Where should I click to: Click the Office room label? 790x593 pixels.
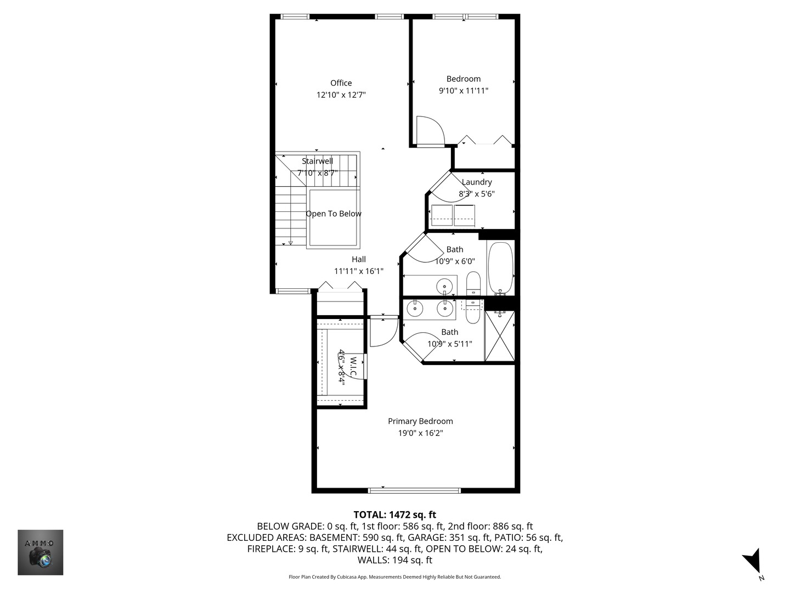coord(341,83)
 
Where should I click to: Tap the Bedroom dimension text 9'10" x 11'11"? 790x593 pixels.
coord(463,91)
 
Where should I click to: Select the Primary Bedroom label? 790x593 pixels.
coord(420,421)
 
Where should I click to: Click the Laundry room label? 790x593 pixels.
coord(476,182)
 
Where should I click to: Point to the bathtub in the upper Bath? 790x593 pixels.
coord(500,268)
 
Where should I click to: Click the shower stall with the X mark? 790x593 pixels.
coord(499,336)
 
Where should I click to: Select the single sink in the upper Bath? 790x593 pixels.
coord(444,286)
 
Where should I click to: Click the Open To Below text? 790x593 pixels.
coord(334,214)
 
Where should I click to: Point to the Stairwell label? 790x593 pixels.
coord(317,161)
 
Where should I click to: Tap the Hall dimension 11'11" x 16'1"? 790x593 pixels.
coord(359,271)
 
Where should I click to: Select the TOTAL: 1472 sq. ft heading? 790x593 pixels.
coord(394,514)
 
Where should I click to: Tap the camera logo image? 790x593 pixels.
coord(40,552)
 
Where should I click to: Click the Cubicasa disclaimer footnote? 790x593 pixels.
coord(394,577)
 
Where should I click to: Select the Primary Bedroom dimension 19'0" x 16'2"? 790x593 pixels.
coord(420,433)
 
